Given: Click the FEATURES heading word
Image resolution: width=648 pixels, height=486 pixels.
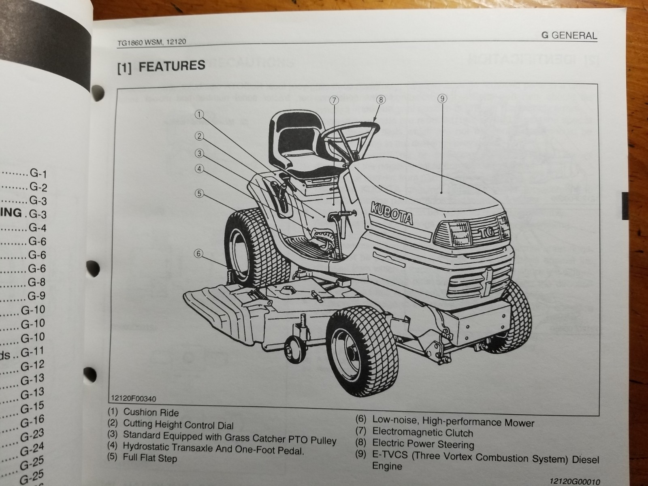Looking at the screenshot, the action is click(x=172, y=66).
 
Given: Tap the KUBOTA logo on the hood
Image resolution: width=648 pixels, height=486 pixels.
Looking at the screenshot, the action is click(x=392, y=213).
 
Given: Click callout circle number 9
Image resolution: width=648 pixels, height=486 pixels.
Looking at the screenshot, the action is click(x=442, y=98).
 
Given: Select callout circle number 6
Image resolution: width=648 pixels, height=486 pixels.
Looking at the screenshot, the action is click(x=198, y=254).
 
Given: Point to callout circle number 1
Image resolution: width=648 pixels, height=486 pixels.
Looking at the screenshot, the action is click(x=199, y=115).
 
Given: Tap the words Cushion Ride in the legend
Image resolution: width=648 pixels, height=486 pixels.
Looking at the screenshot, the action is click(x=151, y=412).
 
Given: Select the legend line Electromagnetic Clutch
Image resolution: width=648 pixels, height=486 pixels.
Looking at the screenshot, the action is click(x=422, y=433).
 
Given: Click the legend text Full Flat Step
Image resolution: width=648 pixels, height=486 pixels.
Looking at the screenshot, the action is click(x=150, y=458).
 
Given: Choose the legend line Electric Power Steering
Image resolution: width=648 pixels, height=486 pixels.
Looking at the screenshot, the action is click(x=423, y=444).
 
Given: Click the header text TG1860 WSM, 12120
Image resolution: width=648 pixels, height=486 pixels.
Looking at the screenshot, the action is click(x=151, y=42).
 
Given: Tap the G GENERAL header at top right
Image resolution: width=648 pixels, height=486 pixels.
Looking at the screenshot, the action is click(x=569, y=36).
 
